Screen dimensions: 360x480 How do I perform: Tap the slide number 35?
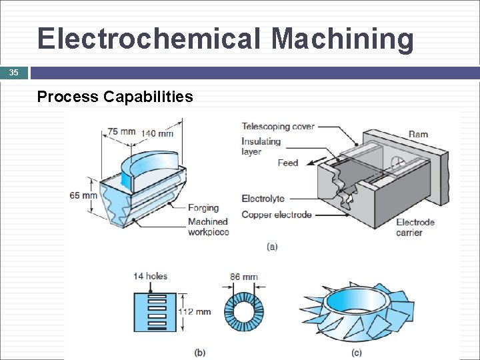14,73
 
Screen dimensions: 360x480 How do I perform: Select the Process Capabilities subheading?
115,97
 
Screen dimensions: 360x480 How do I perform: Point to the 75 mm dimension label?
122,131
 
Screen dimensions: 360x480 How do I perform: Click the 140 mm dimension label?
157,133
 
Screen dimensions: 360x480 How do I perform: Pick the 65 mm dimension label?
83,195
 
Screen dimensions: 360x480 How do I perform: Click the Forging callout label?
203,208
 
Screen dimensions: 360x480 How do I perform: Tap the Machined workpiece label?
208,227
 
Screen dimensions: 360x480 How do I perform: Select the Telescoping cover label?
278,127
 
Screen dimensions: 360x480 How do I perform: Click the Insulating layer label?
261,147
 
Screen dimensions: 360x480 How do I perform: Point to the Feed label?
288,163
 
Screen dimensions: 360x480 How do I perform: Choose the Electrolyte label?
263,199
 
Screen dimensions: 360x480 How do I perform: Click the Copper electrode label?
276,215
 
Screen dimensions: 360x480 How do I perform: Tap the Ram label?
418,134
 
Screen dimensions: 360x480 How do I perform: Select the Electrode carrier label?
415,227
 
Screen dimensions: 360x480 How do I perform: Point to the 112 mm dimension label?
194,311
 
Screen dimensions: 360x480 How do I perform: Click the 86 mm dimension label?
244,277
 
